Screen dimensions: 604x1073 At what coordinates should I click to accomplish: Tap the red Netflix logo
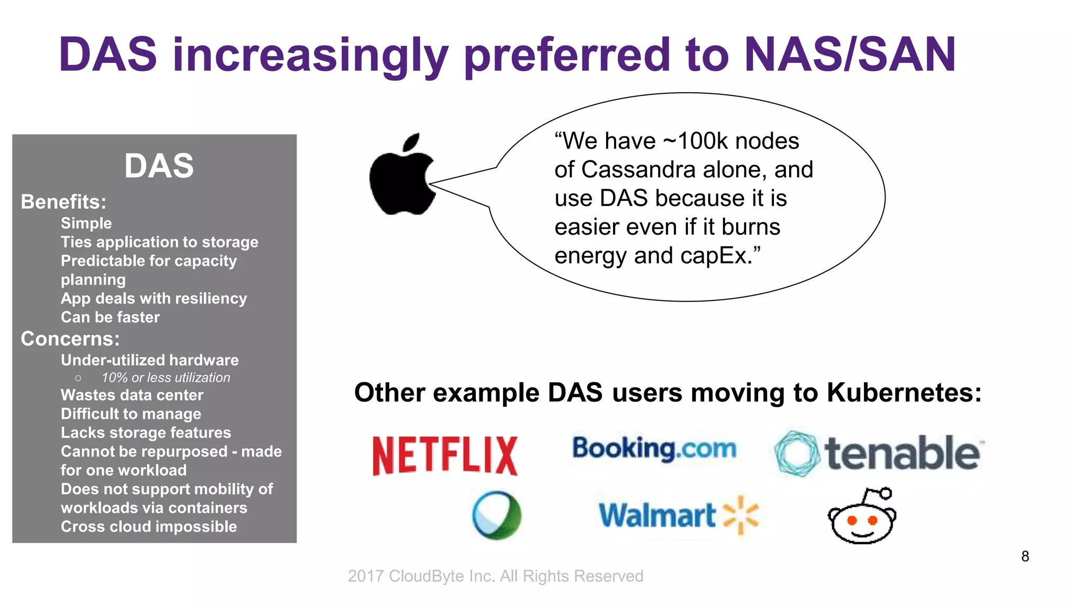tap(445, 456)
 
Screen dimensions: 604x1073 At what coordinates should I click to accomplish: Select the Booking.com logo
tap(654, 449)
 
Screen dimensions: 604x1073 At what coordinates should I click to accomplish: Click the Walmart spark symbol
tap(741, 514)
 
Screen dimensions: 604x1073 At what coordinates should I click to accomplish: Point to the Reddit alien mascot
tap(862, 516)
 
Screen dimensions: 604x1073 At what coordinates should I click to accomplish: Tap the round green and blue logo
tap(497, 515)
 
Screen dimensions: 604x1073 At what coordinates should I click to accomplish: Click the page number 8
tap(1025, 556)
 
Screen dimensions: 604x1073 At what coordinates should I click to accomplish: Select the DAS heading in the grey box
tap(159, 166)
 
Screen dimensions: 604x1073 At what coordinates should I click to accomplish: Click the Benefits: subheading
tap(63, 202)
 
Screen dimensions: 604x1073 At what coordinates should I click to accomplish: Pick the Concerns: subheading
tap(70, 339)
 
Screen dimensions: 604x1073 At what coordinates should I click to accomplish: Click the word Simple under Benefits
tap(86, 223)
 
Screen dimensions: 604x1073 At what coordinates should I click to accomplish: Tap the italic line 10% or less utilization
tap(166, 377)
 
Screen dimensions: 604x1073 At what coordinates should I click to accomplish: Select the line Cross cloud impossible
tap(149, 526)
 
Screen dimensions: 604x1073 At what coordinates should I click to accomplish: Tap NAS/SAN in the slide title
tap(850, 55)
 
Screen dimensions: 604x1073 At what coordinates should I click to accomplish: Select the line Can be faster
tap(110, 317)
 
